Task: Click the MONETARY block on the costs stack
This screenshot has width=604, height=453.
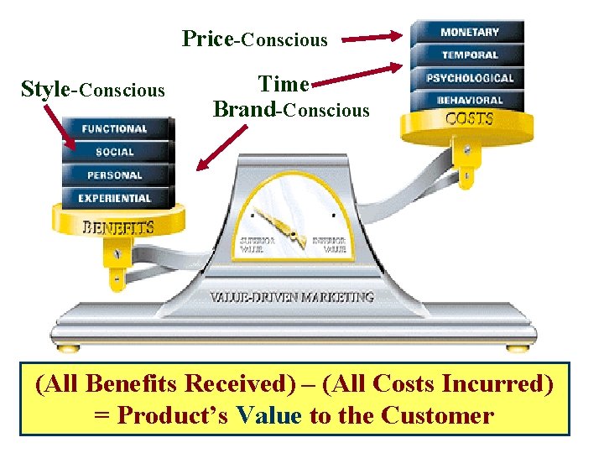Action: pyautogui.click(x=469, y=33)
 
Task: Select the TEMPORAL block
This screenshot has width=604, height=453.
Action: pyautogui.click(x=469, y=55)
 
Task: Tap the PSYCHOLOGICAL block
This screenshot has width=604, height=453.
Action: pyautogui.click(x=469, y=78)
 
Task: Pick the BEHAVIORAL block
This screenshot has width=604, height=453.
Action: pyautogui.click(x=469, y=100)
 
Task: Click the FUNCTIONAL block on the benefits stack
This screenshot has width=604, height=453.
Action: pyautogui.click(x=115, y=129)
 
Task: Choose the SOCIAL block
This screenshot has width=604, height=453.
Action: pyautogui.click(x=115, y=153)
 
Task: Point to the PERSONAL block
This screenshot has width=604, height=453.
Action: pyautogui.click(x=115, y=176)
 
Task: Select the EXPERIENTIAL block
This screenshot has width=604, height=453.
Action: pyautogui.click(x=115, y=199)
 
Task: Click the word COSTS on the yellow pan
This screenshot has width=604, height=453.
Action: pyautogui.click(x=469, y=119)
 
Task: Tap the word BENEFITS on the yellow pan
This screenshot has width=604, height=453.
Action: pyautogui.click(x=118, y=226)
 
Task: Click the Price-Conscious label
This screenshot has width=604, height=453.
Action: pyautogui.click(x=255, y=39)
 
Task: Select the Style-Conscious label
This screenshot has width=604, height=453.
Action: pyautogui.click(x=92, y=90)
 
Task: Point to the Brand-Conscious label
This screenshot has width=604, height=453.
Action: pyautogui.click(x=291, y=110)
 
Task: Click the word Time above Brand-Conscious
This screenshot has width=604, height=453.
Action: pyautogui.click(x=284, y=85)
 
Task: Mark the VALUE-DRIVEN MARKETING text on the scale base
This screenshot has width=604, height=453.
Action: pyautogui.click(x=291, y=297)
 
